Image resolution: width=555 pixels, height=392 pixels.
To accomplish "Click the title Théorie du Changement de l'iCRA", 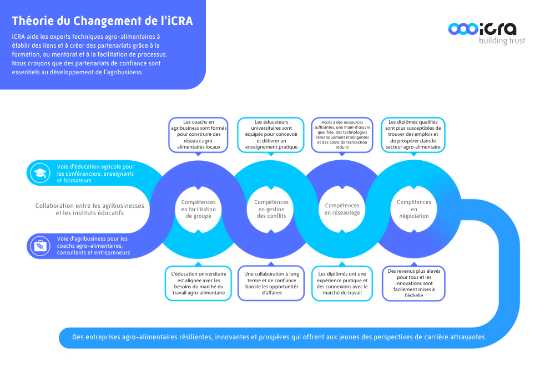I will (x=103, y=21).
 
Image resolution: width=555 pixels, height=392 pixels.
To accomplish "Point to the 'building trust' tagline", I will (x=502, y=41).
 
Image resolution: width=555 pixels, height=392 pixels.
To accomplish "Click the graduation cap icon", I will (x=40, y=173).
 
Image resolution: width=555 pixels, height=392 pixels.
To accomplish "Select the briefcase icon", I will (x=40, y=246).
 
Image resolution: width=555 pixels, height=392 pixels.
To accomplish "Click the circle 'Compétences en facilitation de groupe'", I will (x=198, y=209).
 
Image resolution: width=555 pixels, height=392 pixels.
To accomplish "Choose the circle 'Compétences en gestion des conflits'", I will (x=271, y=209).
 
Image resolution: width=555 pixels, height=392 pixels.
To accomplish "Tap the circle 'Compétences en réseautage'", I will (x=342, y=209).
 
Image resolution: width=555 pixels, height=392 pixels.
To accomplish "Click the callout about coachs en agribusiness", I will (x=198, y=134).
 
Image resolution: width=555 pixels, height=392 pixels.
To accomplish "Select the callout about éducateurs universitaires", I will (x=270, y=134).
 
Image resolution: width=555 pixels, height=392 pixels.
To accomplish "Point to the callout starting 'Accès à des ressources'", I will (x=342, y=134).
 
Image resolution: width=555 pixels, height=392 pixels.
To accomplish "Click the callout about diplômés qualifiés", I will (x=413, y=134).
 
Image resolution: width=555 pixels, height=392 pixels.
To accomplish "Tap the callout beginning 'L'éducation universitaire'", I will (x=198, y=283).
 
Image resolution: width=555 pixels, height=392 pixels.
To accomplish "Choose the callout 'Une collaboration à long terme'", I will (x=271, y=283).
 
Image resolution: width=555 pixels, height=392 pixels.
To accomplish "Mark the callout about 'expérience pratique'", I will (x=342, y=283).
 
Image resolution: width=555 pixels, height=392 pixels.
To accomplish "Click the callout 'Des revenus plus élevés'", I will (x=413, y=283).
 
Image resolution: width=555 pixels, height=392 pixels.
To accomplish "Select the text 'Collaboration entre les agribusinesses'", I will (x=89, y=206).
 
